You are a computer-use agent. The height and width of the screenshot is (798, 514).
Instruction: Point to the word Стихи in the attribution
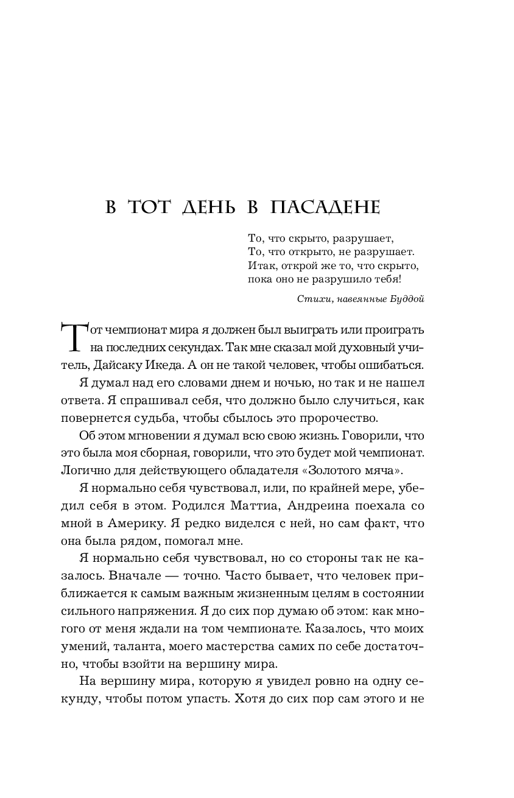312,299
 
